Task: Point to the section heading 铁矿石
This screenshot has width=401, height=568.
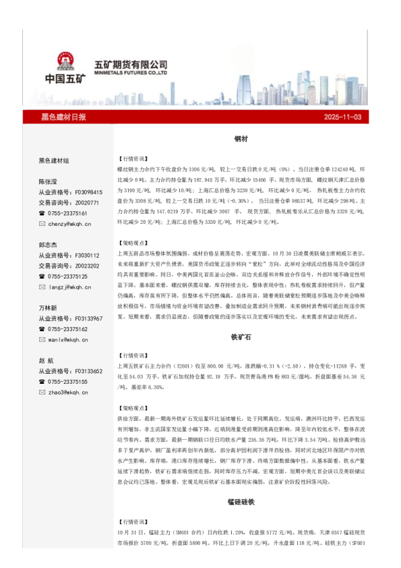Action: click(x=241, y=335)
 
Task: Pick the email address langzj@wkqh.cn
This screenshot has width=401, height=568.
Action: click(x=69, y=287)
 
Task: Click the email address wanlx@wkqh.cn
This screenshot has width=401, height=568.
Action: click(x=69, y=340)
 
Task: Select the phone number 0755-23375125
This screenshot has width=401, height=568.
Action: click(x=68, y=277)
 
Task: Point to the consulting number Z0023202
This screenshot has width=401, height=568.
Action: click(x=86, y=266)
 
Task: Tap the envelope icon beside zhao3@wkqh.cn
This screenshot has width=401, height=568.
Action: click(x=42, y=393)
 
